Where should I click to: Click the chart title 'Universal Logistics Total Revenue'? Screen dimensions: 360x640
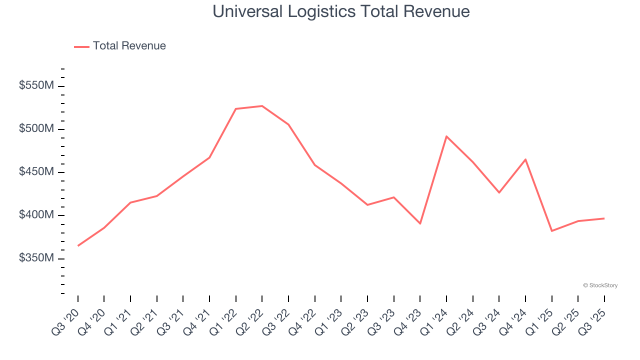(341, 11)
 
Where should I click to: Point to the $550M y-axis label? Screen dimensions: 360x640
(36, 86)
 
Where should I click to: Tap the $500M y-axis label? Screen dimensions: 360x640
(36, 129)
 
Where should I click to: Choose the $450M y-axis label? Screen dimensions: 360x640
(36, 172)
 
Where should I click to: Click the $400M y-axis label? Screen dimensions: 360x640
(36, 215)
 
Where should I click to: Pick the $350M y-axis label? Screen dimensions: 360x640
(36, 258)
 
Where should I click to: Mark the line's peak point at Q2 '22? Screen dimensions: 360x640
(262, 106)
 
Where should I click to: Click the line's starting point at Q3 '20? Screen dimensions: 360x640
(78, 245)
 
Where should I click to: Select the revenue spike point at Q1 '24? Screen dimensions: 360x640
(446, 136)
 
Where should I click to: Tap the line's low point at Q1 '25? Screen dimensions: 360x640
(551, 230)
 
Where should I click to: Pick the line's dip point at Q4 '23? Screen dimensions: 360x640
(420, 223)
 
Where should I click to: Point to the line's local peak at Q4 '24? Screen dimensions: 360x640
(525, 159)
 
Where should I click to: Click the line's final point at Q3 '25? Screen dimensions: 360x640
(604, 218)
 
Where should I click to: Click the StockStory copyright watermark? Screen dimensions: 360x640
(600, 285)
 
